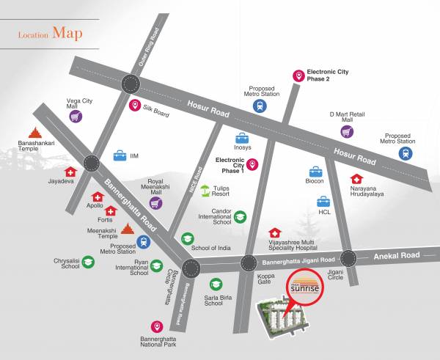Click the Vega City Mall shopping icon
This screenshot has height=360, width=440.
[76, 116]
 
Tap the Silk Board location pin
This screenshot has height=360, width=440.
[134, 106]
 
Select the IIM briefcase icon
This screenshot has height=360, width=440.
[120, 155]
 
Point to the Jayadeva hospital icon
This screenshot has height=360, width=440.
[70, 172]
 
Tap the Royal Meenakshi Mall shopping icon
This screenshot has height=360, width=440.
[155, 202]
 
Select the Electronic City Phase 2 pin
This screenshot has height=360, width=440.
[298, 76]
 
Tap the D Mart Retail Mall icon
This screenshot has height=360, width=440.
[347, 131]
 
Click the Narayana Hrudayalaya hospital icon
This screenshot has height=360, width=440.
[356, 178]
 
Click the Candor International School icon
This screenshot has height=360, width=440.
[240, 217]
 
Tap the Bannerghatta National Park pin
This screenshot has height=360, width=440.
[156, 326]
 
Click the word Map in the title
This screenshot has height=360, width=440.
[67, 33]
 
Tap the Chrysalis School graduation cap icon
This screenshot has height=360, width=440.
[88, 262]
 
